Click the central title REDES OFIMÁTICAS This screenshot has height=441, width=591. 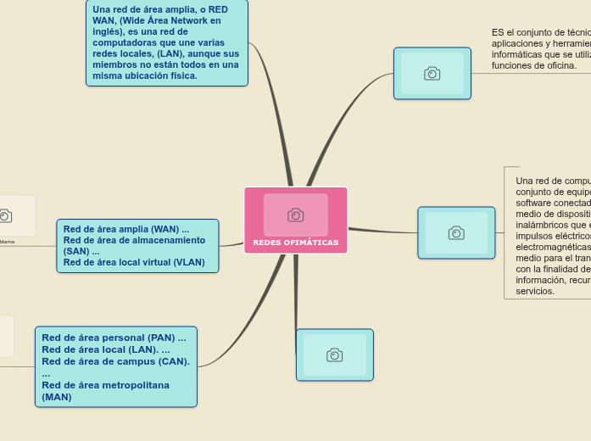295,243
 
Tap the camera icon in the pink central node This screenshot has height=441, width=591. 295,215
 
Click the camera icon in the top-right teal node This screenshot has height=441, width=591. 432,74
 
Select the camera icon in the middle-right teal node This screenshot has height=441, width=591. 456,233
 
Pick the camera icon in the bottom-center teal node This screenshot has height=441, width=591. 335,355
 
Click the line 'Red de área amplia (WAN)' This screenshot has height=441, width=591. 125,229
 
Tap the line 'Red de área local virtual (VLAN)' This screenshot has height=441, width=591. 134,262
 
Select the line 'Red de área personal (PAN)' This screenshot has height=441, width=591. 114,338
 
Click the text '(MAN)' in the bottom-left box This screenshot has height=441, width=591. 57,397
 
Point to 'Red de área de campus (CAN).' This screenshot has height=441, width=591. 115,361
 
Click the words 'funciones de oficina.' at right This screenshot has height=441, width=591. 534,65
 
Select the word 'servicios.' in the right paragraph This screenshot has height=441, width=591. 535,291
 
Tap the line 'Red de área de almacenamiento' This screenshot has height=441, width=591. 134,240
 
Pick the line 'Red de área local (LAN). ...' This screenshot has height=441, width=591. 105,349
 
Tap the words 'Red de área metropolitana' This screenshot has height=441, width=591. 105,385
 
